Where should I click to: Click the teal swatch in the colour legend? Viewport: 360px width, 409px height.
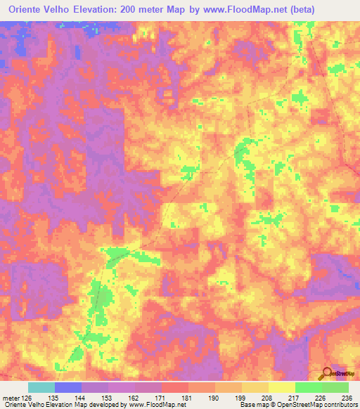[x=41, y=387]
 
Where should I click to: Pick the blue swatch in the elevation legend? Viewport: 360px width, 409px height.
[x=67, y=387]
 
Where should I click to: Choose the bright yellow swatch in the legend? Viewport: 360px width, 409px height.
[x=281, y=387]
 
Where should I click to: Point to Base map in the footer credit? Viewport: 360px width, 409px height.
[x=252, y=405]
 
